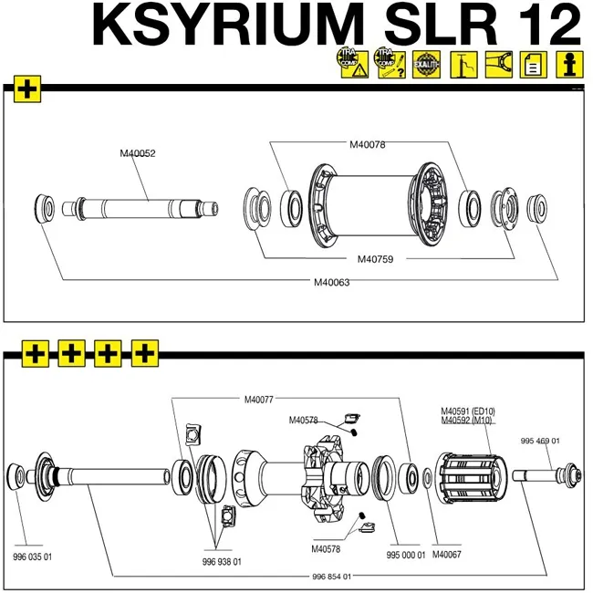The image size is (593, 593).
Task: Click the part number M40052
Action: [138, 153]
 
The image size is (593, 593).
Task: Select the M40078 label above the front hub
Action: [369, 144]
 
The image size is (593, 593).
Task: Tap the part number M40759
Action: [375, 259]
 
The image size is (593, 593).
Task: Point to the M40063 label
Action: [331, 282]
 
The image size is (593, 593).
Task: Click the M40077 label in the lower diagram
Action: [260, 399]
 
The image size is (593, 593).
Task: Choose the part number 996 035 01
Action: [32, 557]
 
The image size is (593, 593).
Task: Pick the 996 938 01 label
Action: [222, 562]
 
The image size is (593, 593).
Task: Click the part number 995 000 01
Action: [406, 555]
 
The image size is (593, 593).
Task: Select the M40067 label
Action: [447, 555]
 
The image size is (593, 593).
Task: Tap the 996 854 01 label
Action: [332, 577]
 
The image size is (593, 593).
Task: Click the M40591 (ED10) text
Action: [468, 411]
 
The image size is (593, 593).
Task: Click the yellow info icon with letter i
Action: [570, 65]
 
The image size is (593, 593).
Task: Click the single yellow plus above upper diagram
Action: [27, 89]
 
